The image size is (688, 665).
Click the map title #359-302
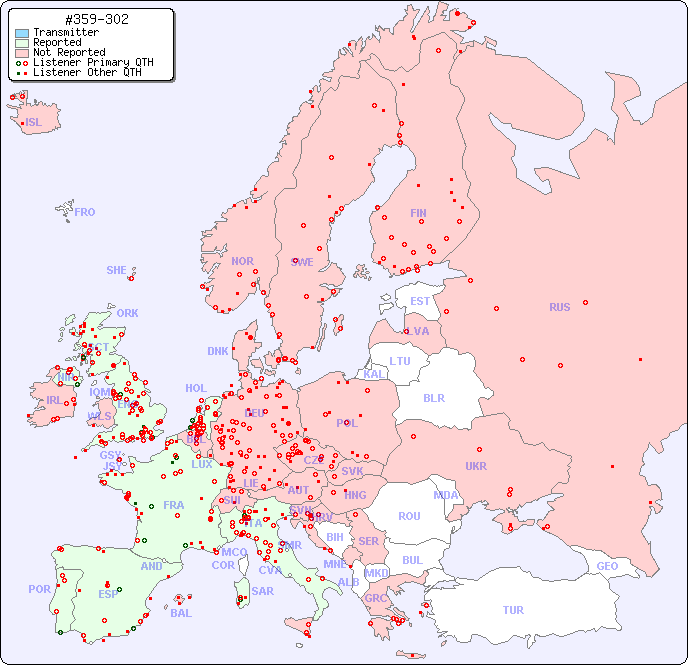click(x=96, y=19)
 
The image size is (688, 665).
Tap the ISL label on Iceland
click(x=34, y=123)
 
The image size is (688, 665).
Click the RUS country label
click(x=559, y=307)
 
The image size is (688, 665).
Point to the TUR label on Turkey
click(x=513, y=610)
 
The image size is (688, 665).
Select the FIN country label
click(x=418, y=213)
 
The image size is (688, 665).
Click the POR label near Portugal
click(x=39, y=589)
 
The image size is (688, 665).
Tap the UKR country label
click(x=476, y=466)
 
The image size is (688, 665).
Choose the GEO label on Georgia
click(x=607, y=566)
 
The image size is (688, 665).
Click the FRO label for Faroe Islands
click(x=85, y=212)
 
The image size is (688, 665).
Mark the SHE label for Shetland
click(x=117, y=270)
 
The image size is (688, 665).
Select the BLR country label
click(x=433, y=397)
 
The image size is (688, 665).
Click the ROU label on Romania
click(x=409, y=516)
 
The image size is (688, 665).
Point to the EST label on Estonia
click(x=420, y=301)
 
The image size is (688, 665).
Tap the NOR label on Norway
click(x=242, y=261)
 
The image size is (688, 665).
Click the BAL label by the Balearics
click(x=180, y=613)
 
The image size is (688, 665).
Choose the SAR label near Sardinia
click(x=262, y=591)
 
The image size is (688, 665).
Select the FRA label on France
click(x=174, y=505)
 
